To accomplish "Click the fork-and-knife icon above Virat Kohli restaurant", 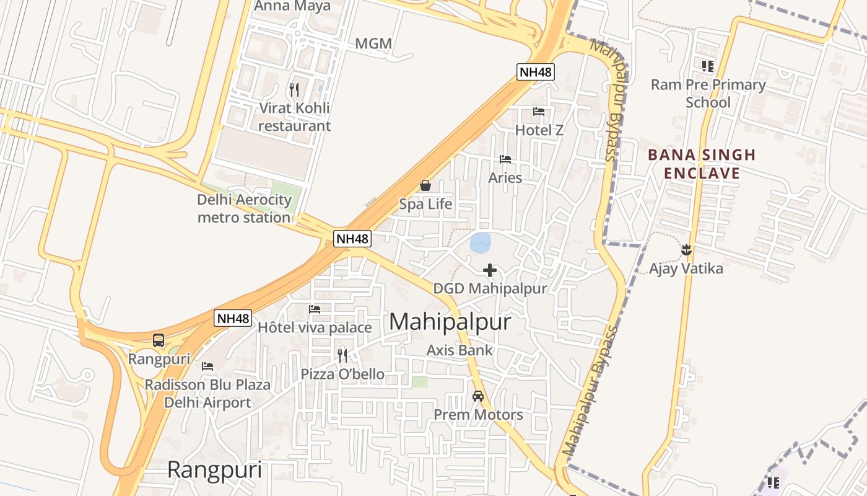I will pos(294,90).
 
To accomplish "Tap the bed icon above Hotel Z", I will pos(539,112).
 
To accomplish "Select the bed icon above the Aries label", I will pos(505,159).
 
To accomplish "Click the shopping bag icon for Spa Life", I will pos(425,185).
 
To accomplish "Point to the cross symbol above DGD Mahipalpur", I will pos(490,270).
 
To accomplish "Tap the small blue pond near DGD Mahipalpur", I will pos(481,242).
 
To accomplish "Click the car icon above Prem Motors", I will pos(478,396).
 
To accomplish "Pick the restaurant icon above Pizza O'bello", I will pos(342,355).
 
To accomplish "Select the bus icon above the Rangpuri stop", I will pos(159,340).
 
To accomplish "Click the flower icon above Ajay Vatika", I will pos(686,250).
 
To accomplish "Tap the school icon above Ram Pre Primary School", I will pos(708,66).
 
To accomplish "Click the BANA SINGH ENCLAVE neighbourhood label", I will pos(702,164).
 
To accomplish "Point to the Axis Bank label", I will pos(460,350).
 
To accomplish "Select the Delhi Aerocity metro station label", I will pos(244,209).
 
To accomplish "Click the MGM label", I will pos(373,44).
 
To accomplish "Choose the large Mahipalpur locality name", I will pos(450,322).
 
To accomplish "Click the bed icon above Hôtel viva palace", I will pos(315,309).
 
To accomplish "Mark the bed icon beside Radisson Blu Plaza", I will pos(207,366).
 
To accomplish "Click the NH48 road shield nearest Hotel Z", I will pos(536,72).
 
